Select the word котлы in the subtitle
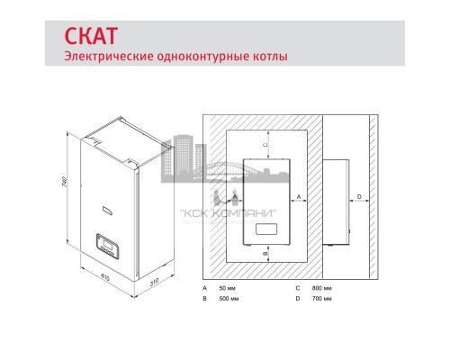tap(269, 57)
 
